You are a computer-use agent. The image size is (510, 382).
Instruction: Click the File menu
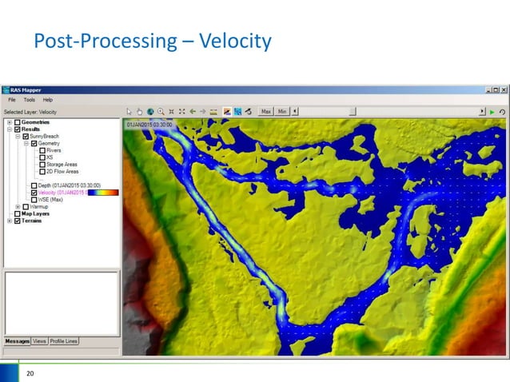[12, 99]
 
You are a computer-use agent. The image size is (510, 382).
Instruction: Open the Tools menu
[29, 99]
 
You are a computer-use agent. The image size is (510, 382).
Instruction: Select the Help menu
[47, 99]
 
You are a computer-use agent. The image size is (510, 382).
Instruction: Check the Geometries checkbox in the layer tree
[18, 122]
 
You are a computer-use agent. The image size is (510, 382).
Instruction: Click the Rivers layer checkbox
[42, 150]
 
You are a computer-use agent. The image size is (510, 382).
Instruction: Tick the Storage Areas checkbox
[42, 164]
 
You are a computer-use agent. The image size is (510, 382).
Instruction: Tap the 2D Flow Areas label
[63, 171]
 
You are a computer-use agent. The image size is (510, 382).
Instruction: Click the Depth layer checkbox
[33, 185]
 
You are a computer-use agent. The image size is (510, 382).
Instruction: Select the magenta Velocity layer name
[62, 193]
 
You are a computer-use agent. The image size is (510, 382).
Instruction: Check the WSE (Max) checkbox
[33, 199]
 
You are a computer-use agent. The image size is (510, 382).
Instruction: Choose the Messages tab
[17, 341]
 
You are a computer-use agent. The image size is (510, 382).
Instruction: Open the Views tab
[39, 341]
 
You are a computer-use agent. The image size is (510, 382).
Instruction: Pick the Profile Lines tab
[64, 341]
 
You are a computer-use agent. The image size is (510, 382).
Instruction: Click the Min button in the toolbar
[281, 111]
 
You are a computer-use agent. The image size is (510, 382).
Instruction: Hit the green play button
[492, 111]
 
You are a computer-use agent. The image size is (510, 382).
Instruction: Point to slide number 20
[31, 373]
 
